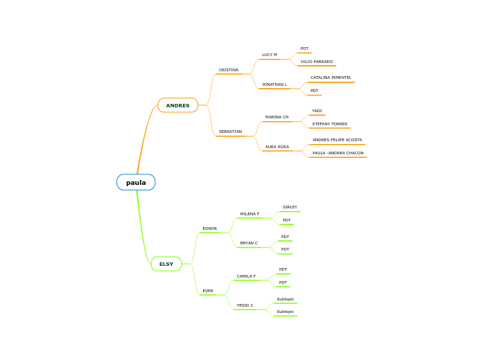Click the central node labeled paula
click(x=136, y=183)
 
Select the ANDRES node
click(x=177, y=105)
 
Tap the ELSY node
click(x=166, y=264)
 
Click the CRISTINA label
click(x=229, y=70)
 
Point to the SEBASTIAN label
click(x=230, y=132)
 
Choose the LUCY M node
click(x=270, y=55)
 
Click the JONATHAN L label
click(x=274, y=84)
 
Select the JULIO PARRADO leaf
click(x=316, y=62)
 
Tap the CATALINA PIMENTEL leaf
click(x=331, y=78)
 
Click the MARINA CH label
click(x=276, y=117)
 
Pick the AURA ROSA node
click(x=277, y=147)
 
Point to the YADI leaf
click(x=317, y=111)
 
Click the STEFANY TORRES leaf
click(x=330, y=124)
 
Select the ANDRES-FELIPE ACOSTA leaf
click(x=337, y=140)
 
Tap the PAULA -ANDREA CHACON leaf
click(x=337, y=153)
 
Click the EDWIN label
click(x=209, y=228)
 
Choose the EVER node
click(x=208, y=291)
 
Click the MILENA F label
click(x=249, y=214)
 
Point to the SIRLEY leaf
click(x=290, y=207)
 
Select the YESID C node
click(x=245, y=305)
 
